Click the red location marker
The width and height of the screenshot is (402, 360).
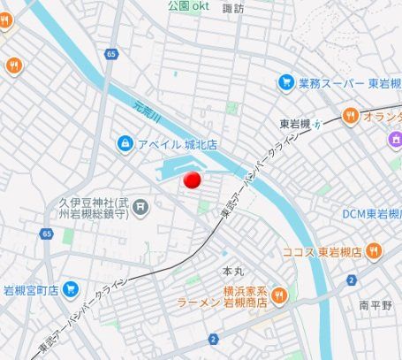click(x=192, y=180)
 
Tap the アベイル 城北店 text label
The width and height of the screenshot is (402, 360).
click(x=177, y=143)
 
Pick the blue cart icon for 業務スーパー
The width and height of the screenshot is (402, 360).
click(x=285, y=83)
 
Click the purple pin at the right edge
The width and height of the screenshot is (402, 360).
click(x=395, y=139)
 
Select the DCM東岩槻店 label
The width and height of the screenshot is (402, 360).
click(x=372, y=213)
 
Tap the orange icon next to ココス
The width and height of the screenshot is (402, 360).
click(x=374, y=252)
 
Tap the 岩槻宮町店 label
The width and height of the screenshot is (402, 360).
click(x=31, y=289)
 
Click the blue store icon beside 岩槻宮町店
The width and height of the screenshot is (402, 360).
click(x=72, y=289)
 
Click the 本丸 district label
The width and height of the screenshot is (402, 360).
click(x=232, y=271)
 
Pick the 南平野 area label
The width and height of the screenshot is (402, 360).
click(x=376, y=305)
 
